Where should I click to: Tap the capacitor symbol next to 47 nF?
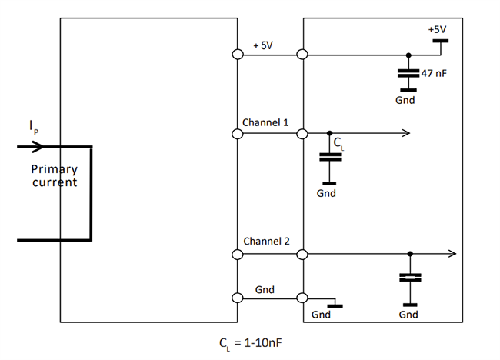pos(408,75)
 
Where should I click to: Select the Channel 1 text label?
pos(265,122)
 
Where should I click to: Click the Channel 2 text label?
pos(266,241)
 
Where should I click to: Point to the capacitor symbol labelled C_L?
pos(329,157)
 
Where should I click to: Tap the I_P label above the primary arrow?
pos(32,126)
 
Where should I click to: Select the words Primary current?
pos(55,175)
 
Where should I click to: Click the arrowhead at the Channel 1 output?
pos(405,134)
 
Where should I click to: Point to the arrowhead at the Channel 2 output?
pos(452,254)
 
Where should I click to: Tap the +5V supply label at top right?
pos(437,29)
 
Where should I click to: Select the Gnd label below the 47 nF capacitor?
pos(406,100)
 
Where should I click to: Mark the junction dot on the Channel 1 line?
pos(329,134)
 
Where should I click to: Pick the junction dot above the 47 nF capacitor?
pos(408,55)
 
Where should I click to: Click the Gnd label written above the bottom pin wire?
pos(265,289)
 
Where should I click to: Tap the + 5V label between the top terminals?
pos(263,45)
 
